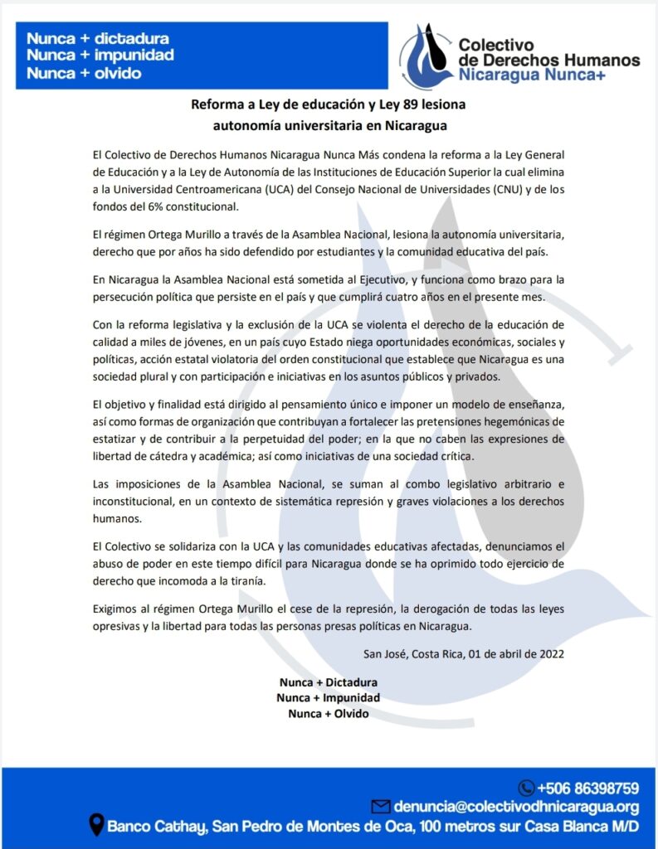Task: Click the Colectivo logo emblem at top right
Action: click(426, 56)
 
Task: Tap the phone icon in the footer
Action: click(526, 788)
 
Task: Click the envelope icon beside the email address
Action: click(380, 807)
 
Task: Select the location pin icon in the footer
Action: click(96, 826)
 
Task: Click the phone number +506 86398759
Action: click(587, 788)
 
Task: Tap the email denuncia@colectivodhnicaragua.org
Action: click(515, 807)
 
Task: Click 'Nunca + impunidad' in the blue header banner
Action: click(100, 56)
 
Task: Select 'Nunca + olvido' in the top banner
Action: click(84, 73)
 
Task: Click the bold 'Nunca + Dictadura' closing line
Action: click(329, 682)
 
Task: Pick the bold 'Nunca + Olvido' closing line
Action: click(329, 713)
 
